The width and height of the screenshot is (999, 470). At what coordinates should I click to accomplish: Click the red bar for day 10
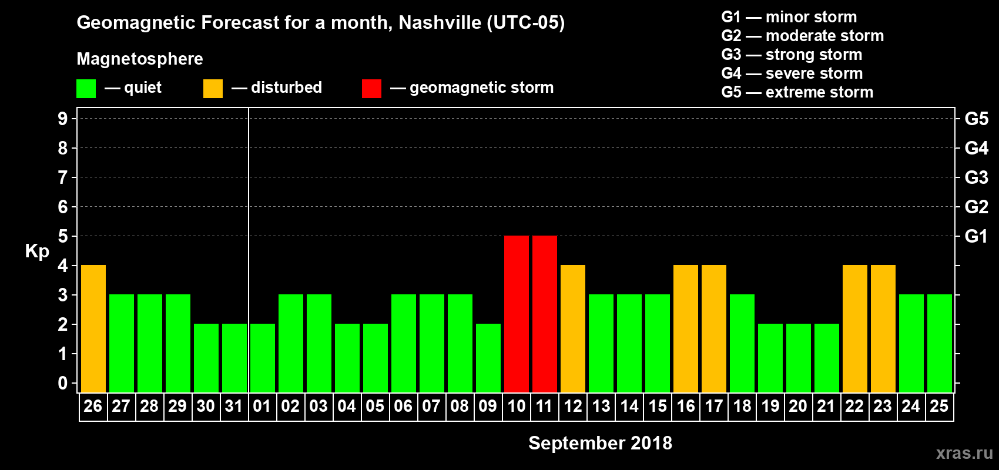517,314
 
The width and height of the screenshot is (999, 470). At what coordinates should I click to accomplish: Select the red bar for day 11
545,314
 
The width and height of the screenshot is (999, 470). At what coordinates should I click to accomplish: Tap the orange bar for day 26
93,328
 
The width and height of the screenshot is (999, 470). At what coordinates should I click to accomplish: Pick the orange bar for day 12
573,328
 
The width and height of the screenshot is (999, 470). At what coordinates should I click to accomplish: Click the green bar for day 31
234,358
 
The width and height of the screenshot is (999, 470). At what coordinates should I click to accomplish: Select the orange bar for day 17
714,328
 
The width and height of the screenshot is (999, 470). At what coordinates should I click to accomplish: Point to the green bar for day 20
799,358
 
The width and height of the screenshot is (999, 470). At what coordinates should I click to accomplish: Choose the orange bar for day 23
883,328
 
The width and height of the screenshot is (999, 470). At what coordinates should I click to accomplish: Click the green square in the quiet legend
86,89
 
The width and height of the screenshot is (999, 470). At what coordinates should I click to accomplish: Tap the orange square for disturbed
213,89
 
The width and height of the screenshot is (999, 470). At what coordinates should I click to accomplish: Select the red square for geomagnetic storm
371,89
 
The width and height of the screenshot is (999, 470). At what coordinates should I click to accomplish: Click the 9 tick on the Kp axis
63,119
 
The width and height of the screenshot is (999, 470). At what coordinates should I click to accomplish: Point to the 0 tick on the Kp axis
63,383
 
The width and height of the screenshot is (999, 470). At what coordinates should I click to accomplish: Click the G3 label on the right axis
976,177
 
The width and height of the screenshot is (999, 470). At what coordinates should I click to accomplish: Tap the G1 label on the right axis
976,236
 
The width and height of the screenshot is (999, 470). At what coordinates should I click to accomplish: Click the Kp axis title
37,251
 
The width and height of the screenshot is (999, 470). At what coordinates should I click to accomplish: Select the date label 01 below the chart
262,406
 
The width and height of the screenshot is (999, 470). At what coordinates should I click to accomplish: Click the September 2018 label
600,443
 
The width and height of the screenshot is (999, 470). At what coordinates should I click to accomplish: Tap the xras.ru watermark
964,453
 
